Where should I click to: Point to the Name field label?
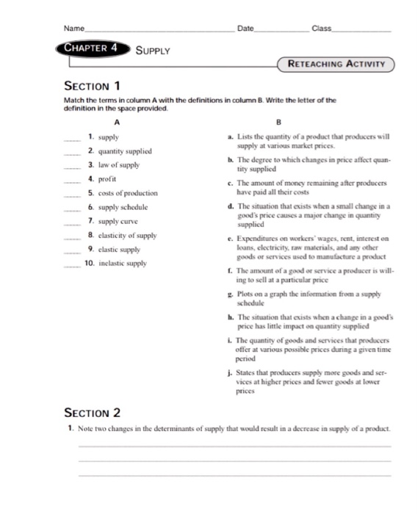(74, 28)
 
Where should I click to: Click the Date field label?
(245, 28)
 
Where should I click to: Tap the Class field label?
(322, 28)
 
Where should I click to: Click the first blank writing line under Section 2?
(234, 446)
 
